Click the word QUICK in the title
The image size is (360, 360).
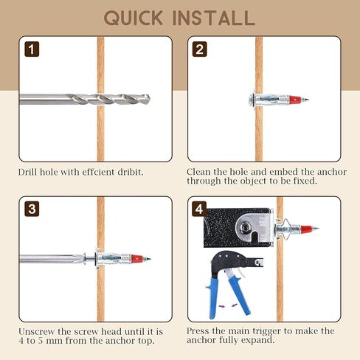tap(133, 18)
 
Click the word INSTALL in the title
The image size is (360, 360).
tap(214, 18)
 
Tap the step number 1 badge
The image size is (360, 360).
tap(32, 49)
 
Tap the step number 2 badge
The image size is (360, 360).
tap(199, 49)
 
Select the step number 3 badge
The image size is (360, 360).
tap(32, 209)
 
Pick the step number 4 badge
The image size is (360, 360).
tap(199, 209)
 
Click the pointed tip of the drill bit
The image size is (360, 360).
tap(149, 100)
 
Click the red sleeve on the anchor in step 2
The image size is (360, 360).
tap(295, 100)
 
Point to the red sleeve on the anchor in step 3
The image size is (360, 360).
tap(136, 258)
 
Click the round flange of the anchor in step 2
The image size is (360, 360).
tap(252, 100)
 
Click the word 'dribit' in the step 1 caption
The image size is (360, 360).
tap(131, 172)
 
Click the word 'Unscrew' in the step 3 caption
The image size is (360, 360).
tap(37, 331)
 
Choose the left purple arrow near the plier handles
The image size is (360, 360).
tap(222, 306)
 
